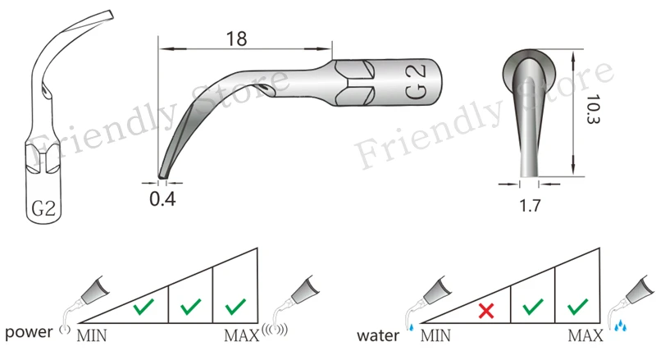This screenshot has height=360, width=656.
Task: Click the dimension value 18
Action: tap(236, 39)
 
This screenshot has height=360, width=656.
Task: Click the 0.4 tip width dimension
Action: tap(162, 198)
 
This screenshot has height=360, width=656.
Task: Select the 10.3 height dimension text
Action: tap(593, 108)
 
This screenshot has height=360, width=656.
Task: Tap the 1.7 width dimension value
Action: tap(530, 206)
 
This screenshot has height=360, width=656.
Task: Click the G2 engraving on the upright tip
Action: tap(43, 208)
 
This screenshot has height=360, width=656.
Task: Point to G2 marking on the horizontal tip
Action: tap(416, 82)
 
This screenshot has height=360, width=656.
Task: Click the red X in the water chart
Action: tap(486, 311)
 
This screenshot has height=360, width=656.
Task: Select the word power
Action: tap(29, 332)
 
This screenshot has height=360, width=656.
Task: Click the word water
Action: tap(378, 335)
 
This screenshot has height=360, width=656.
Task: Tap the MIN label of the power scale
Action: tap(92, 335)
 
